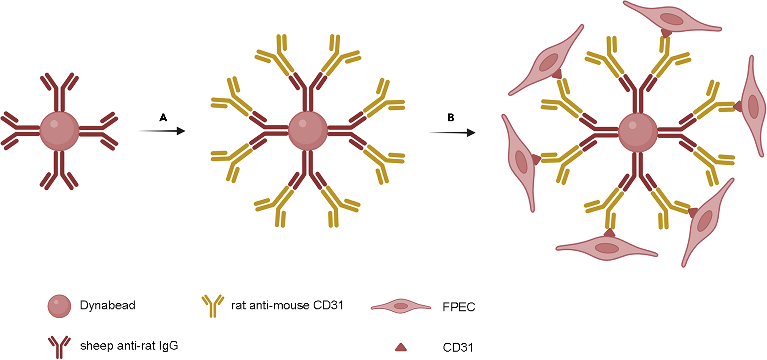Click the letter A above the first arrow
pyautogui.click(x=163, y=118)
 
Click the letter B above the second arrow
pyautogui.click(x=451, y=118)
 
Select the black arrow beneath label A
pyautogui.click(x=162, y=131)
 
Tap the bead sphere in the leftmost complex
pyautogui.click(x=59, y=131)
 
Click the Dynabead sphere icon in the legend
pyautogui.click(x=59, y=306)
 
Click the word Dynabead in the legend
pyautogui.click(x=107, y=305)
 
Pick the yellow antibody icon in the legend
pyautogui.click(x=213, y=305)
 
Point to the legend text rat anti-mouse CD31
pyautogui.click(x=287, y=305)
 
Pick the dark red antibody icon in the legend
pyautogui.click(x=59, y=346)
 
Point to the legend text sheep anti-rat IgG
pyautogui.click(x=129, y=346)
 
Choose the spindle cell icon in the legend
pyautogui.click(x=401, y=306)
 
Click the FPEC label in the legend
pyautogui.click(x=458, y=307)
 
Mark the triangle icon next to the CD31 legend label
pyautogui.click(x=400, y=347)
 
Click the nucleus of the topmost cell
pyautogui.click(x=671, y=19)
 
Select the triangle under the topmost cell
pyautogui.click(x=666, y=33)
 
